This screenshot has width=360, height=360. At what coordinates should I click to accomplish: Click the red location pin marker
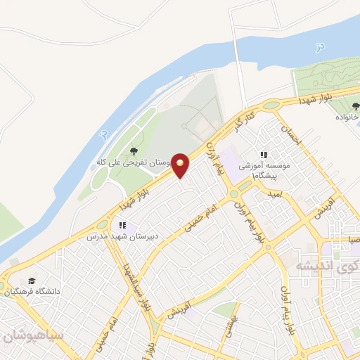[181, 165]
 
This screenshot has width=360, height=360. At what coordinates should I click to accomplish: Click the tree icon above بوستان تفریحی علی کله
[134, 150]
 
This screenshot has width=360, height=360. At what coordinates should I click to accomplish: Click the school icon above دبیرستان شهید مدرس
[122, 225]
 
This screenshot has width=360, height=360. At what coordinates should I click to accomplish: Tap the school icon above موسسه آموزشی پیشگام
[264, 155]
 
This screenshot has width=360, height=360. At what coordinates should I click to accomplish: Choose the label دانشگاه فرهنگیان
[35, 290]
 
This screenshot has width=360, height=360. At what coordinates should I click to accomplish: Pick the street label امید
[274, 194]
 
